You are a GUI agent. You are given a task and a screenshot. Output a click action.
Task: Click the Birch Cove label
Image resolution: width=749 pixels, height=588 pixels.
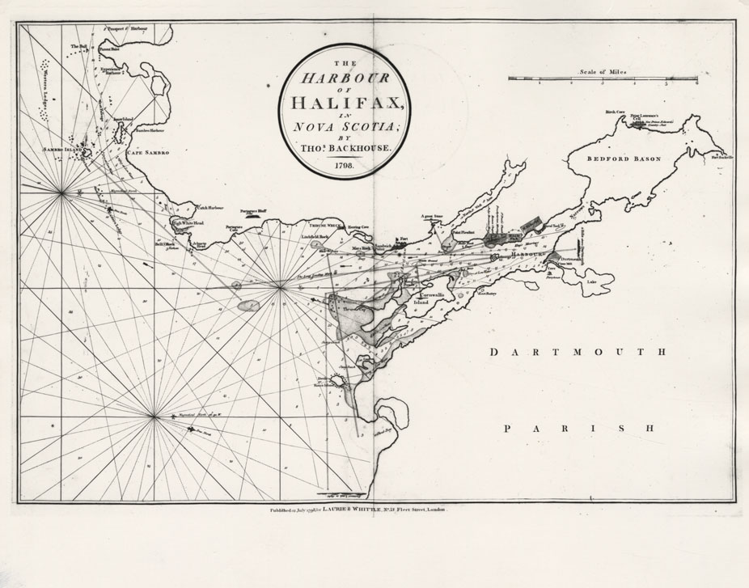tap(616, 112)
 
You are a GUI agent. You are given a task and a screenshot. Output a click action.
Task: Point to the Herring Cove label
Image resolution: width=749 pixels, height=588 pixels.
tap(358, 227)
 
